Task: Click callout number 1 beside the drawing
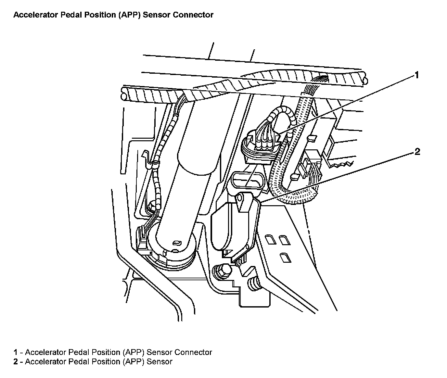point(416,75)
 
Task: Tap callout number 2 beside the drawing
point(417,152)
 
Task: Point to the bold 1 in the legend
point(15,352)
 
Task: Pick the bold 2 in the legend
point(15,361)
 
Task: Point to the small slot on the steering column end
point(177,242)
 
